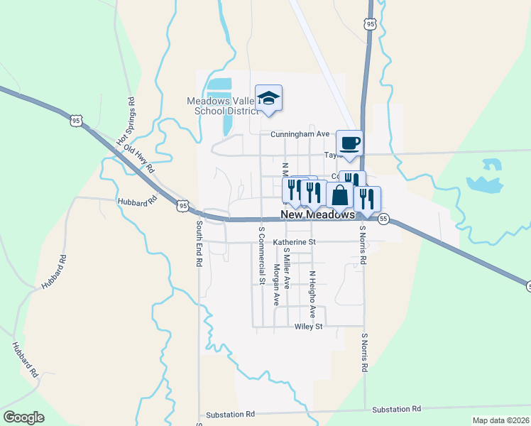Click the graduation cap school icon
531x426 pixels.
[268, 98]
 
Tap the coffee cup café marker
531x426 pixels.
[349, 143]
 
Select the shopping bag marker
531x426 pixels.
[339, 195]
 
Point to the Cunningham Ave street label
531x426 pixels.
[300, 133]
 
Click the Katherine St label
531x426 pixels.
[293, 242]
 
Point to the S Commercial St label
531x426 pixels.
[261, 256]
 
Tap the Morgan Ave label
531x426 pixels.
[276, 285]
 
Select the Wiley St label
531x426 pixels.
[308, 327]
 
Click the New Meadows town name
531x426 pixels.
[317, 214]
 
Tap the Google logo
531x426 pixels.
[23, 417]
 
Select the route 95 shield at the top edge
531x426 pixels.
[369, 24]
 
